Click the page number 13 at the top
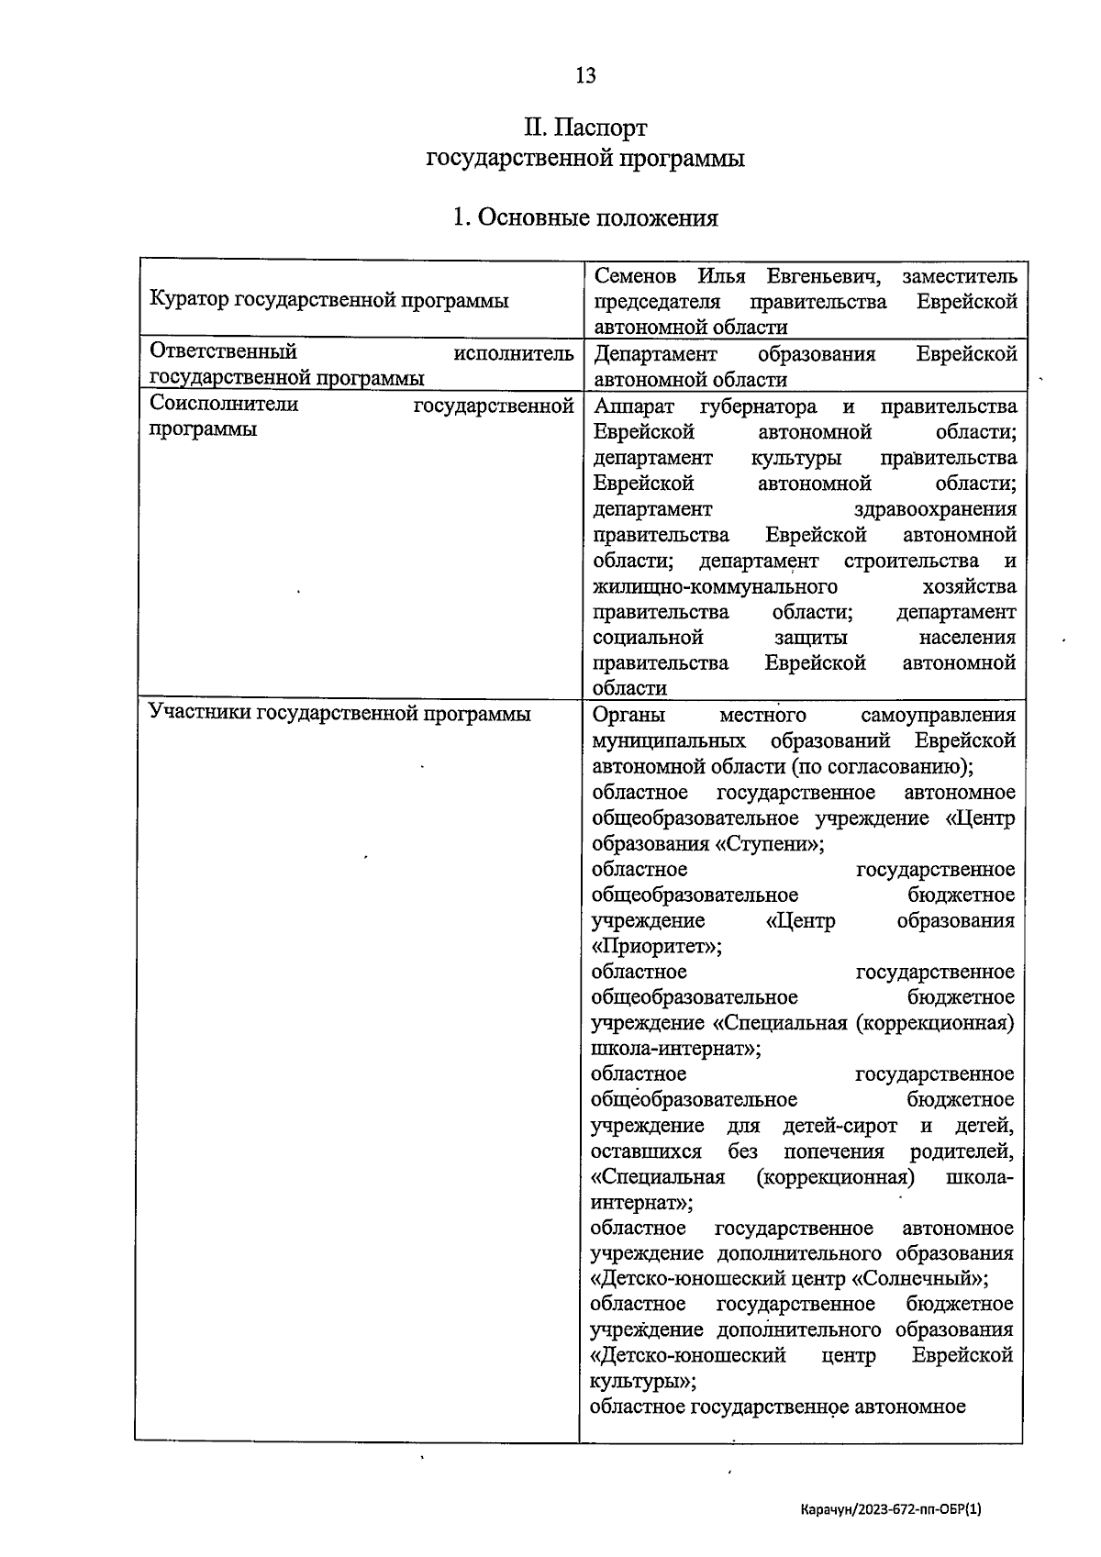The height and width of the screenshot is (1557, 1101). [585, 75]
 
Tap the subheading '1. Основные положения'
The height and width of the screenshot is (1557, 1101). [585, 217]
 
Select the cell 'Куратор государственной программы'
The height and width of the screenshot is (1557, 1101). [328, 300]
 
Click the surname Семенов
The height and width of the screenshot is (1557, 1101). [635, 276]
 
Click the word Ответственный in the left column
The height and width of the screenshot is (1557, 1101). [223, 352]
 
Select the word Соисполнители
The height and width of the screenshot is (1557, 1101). [223, 405]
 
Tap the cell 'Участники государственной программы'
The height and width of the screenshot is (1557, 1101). [339, 714]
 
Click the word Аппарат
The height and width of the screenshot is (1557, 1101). [634, 406]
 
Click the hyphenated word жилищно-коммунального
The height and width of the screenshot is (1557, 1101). [716, 586]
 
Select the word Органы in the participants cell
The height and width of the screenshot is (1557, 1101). [628, 715]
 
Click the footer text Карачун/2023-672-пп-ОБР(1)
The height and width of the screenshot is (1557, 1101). [890, 1508]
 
